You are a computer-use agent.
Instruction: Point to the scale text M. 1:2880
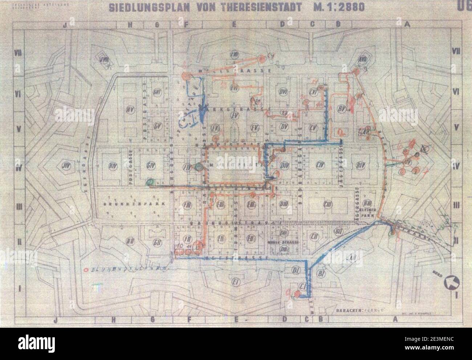[337, 8]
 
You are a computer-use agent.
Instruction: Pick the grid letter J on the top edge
[64, 25]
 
